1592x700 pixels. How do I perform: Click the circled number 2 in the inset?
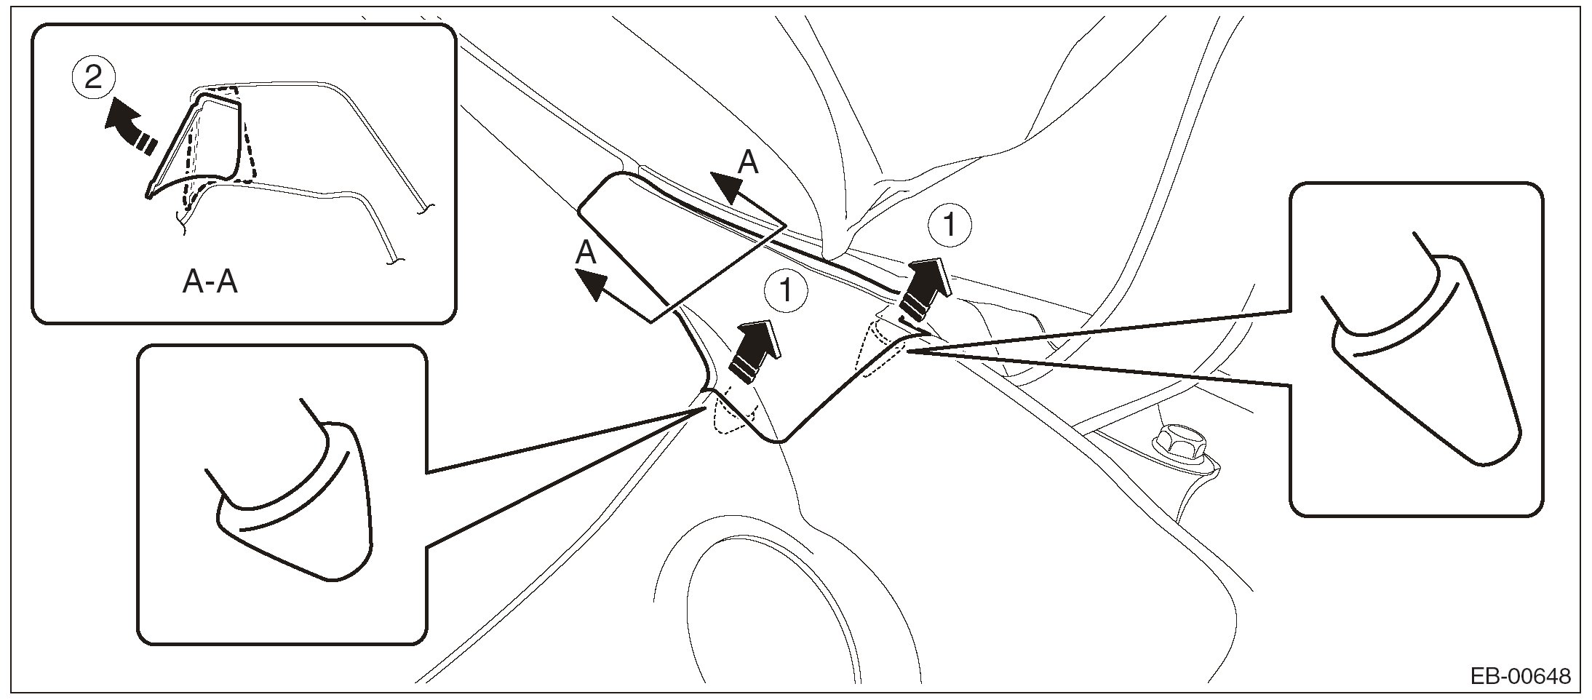pyautogui.click(x=94, y=76)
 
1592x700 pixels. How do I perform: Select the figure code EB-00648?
pyautogui.click(x=1520, y=677)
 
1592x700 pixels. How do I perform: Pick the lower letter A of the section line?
pyautogui.click(x=586, y=252)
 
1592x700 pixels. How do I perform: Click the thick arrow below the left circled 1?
pyautogui.click(x=755, y=350)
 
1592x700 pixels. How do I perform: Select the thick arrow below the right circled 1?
pyautogui.click(x=923, y=288)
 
